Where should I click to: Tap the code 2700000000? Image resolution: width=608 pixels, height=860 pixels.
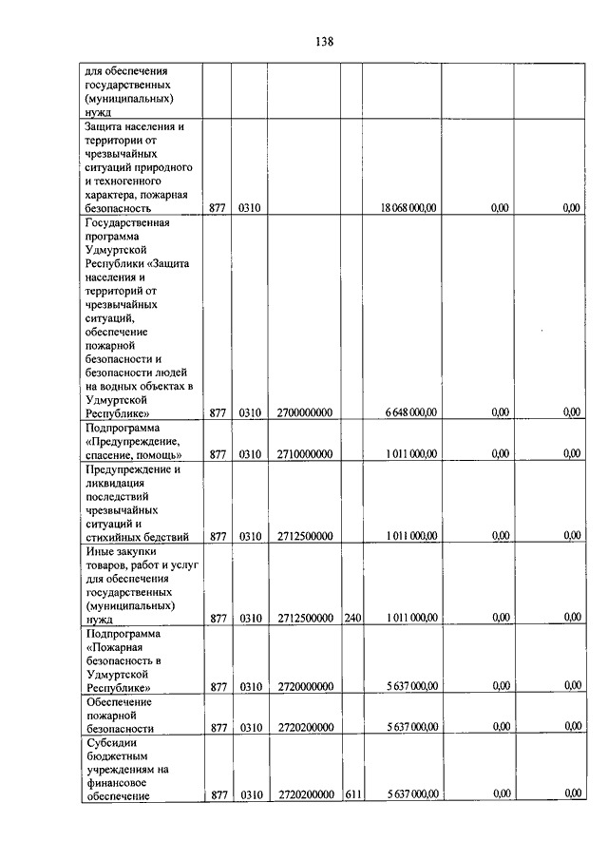click(305, 412)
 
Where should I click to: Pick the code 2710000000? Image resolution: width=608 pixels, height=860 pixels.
click(305, 454)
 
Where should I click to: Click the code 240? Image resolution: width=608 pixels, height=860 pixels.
click(352, 619)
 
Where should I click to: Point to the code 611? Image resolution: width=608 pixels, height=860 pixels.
click(352, 795)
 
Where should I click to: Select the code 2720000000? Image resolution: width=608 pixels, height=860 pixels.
click(305, 686)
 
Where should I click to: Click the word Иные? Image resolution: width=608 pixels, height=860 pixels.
click(99, 550)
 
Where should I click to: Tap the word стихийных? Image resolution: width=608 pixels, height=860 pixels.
click(112, 536)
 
